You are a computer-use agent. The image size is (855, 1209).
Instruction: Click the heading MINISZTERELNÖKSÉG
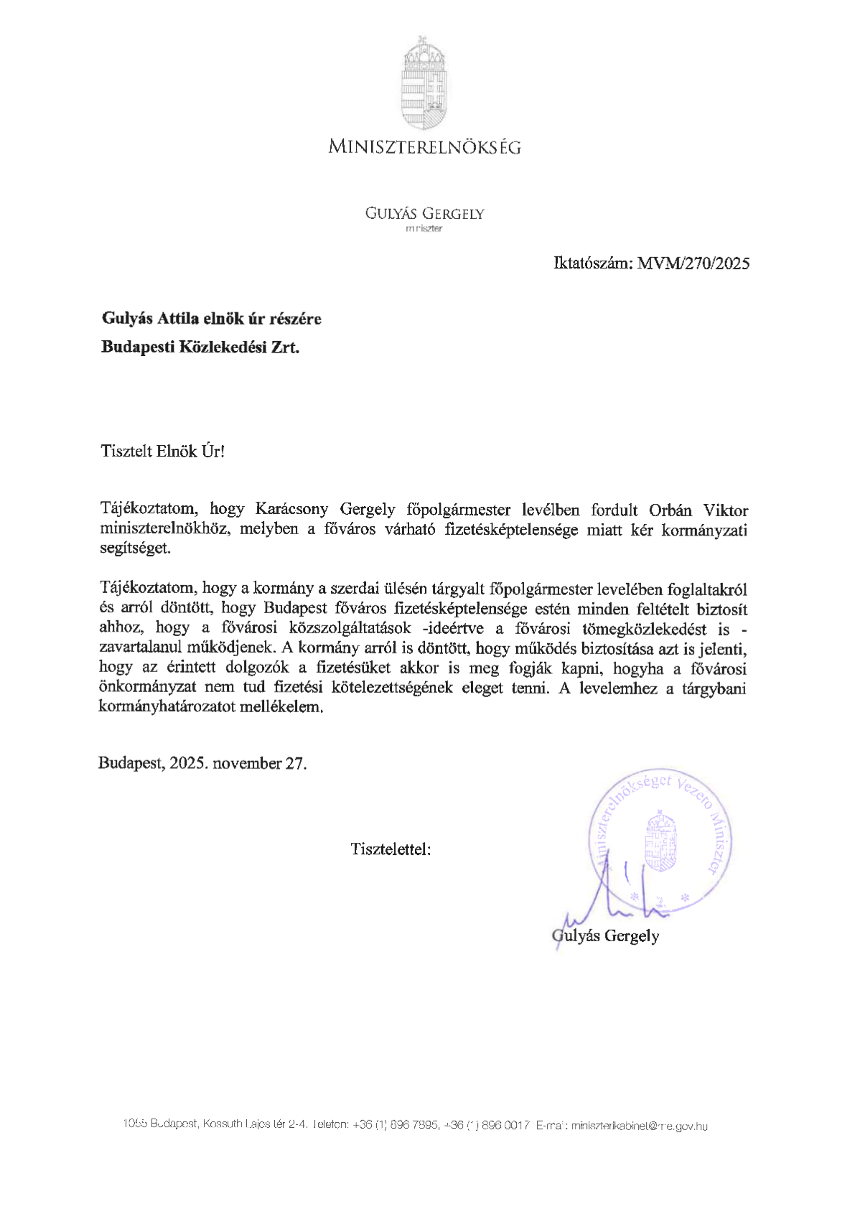click(x=424, y=147)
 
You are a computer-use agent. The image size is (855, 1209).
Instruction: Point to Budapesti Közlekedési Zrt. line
click(x=200, y=347)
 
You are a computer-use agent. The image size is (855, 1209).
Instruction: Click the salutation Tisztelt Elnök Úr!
click(x=163, y=452)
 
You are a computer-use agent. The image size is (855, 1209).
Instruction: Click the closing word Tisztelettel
click(x=391, y=849)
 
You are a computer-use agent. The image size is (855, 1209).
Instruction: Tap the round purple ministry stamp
click(x=660, y=840)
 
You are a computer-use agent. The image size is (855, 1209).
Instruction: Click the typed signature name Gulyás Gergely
click(x=606, y=935)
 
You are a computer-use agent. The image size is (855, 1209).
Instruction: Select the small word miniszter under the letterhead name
click(x=424, y=229)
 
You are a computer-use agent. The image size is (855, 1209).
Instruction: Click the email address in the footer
click(x=640, y=1126)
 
